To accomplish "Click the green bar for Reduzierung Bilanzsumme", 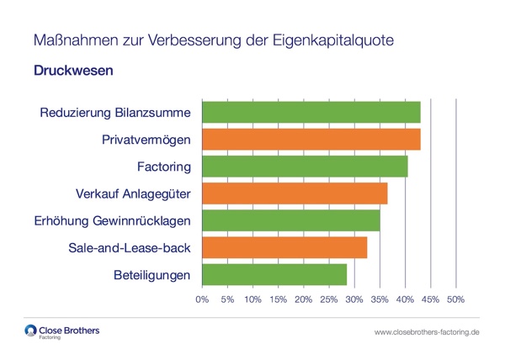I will [311, 112].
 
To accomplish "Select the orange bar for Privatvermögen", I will [311, 139].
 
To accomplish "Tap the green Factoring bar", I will [305, 167].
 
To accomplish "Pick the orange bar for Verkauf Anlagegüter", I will [295, 193].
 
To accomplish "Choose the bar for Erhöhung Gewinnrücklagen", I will [291, 220].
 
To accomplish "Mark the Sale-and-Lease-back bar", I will [284, 247].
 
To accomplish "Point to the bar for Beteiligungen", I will [274, 274].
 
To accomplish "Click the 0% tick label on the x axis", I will [202, 299].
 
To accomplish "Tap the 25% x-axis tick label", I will [328, 299].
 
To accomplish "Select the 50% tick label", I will [455, 299].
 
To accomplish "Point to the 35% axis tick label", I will [380, 299].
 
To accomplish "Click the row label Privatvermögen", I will [146, 140].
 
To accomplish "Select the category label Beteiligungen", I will [151, 275].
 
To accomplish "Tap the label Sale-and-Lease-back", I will [129, 248].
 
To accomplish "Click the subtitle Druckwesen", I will [73, 71].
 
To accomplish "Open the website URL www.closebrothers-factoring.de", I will [427, 333].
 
